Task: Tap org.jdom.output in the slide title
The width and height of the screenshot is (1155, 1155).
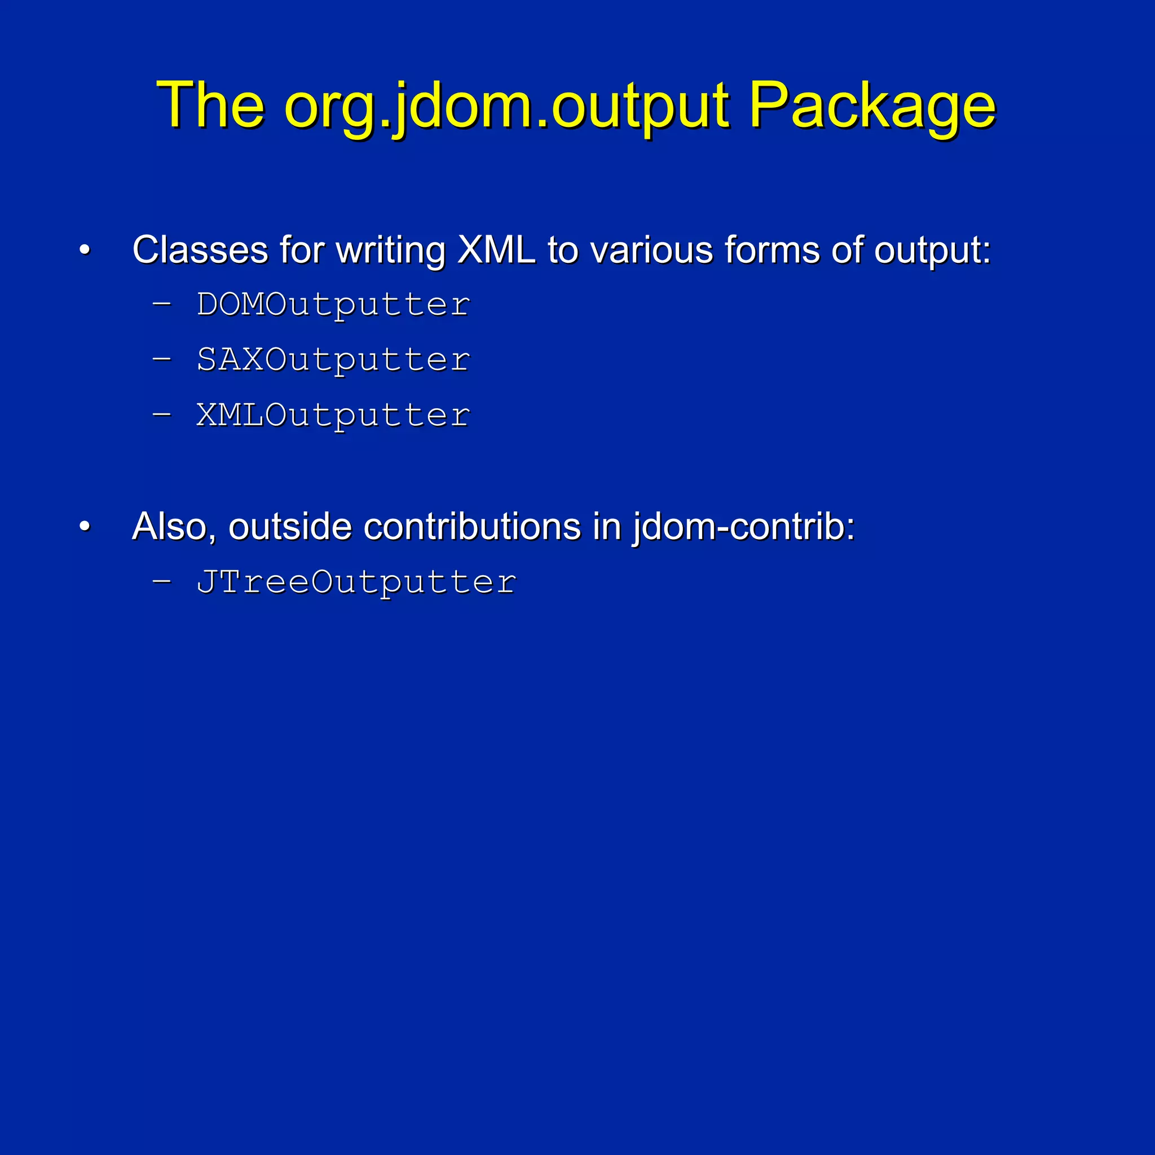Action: pyautogui.click(x=506, y=107)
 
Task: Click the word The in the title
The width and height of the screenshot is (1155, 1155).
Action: pyautogui.click(x=210, y=107)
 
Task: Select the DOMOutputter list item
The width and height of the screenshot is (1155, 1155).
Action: pyautogui.click(x=333, y=305)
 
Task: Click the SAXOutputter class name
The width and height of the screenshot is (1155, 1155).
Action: pyautogui.click(x=333, y=359)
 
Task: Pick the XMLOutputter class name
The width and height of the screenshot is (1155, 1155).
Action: pyautogui.click(x=333, y=415)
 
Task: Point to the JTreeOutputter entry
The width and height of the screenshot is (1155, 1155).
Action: pyautogui.click(x=356, y=581)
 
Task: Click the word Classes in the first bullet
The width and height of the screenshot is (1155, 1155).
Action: pyautogui.click(x=200, y=249)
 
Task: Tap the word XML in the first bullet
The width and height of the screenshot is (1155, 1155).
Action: pyautogui.click(x=496, y=249)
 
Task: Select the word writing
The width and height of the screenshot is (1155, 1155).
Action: pyautogui.click(x=390, y=250)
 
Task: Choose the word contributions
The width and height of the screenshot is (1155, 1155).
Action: pyautogui.click(x=471, y=527)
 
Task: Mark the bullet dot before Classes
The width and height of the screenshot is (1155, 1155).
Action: pyautogui.click(x=85, y=250)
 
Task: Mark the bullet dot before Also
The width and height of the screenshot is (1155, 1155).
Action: pyautogui.click(x=85, y=527)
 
